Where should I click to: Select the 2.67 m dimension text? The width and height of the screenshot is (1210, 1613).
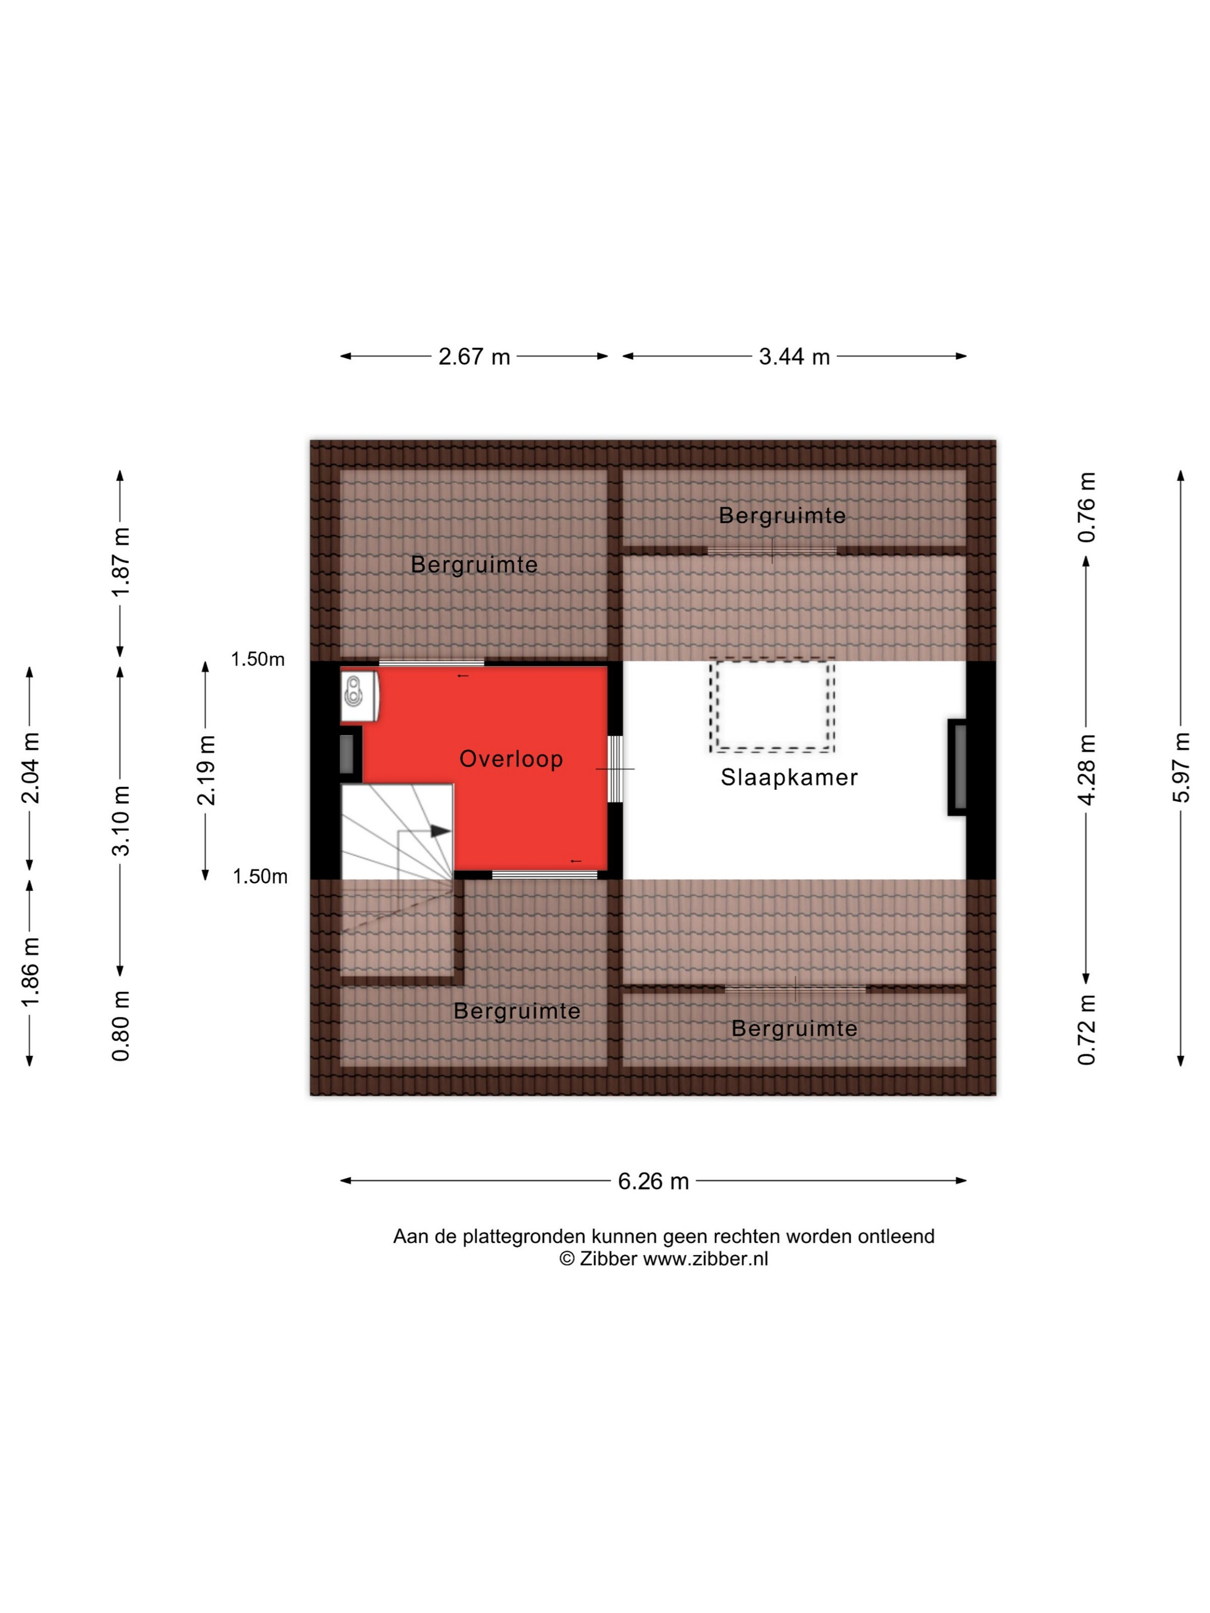point(474,357)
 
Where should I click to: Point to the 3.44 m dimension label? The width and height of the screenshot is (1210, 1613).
point(794,357)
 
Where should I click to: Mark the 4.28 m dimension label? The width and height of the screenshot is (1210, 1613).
point(1087,769)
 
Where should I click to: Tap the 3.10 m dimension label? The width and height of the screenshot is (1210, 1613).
point(120,821)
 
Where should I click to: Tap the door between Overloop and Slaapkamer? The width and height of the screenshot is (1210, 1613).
point(615,768)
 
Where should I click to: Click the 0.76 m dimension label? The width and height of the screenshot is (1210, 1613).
point(1087,507)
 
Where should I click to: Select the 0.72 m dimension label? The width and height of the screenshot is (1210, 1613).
point(1087,1029)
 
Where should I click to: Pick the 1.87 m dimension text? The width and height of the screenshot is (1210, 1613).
point(120,562)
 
